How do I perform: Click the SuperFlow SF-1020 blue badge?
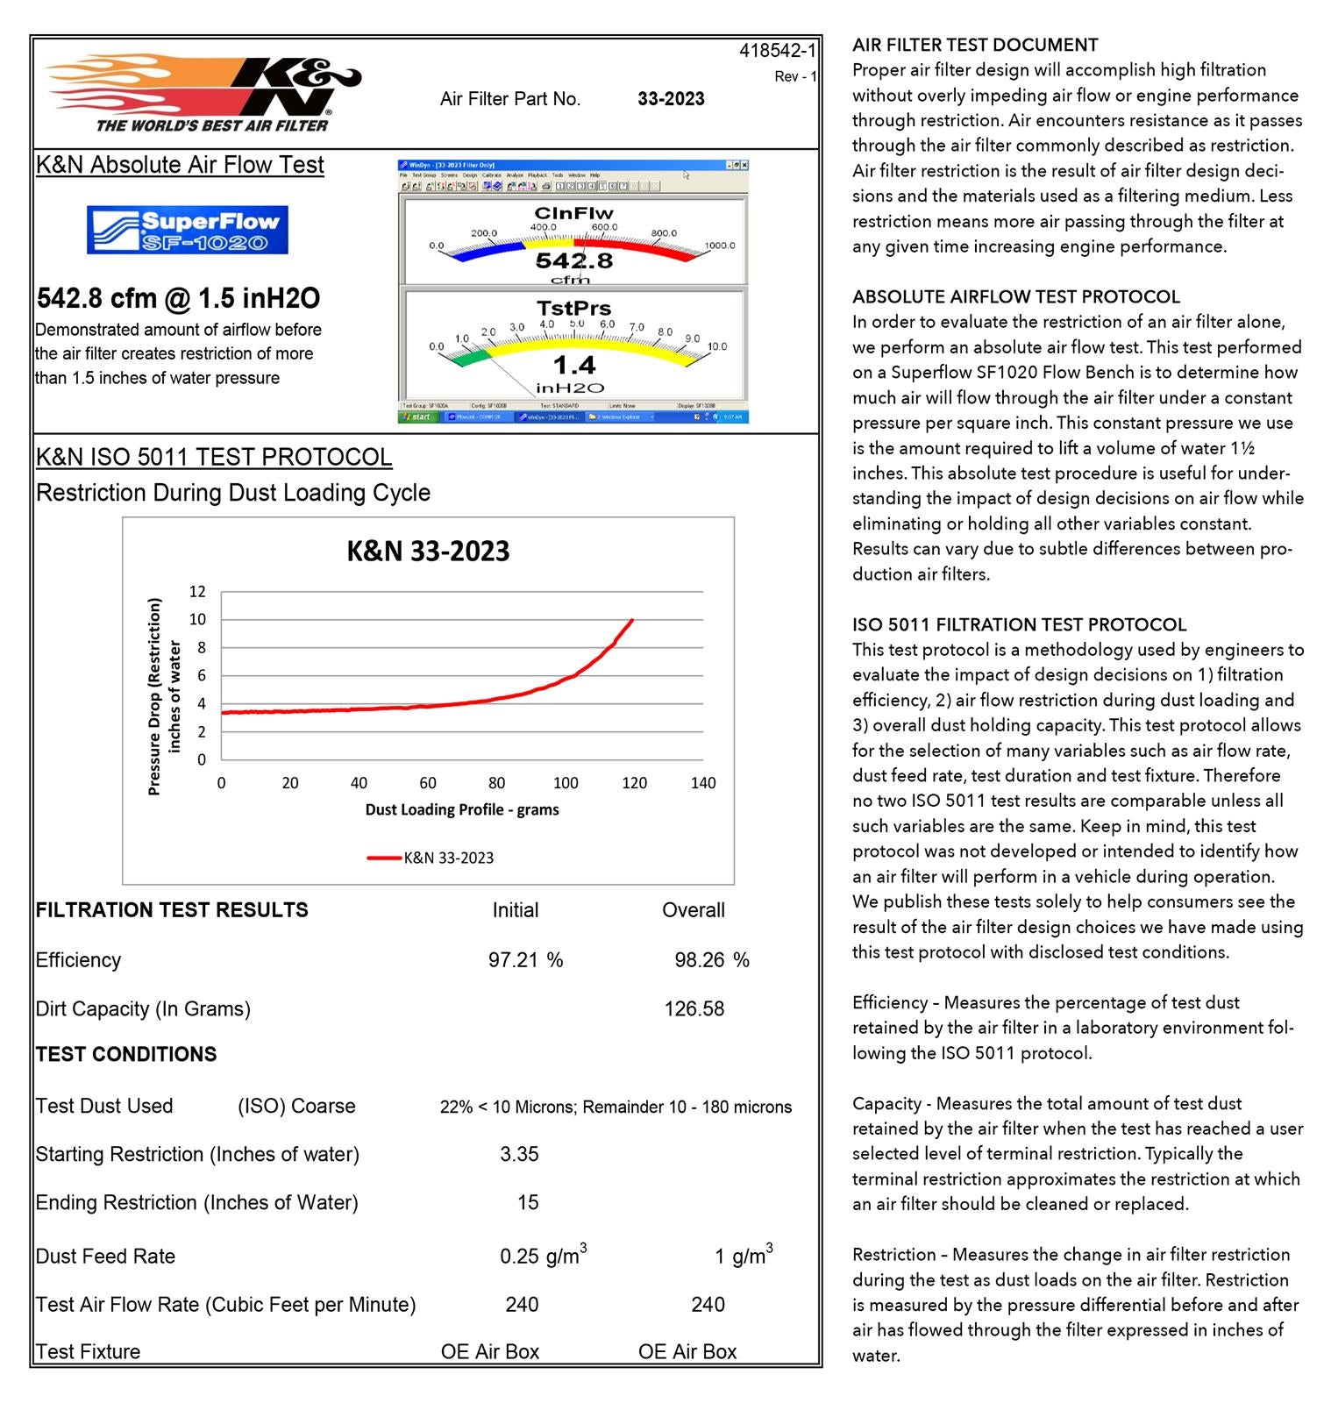[x=187, y=230]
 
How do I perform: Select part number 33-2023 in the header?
[x=671, y=99]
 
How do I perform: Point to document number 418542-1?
[x=777, y=51]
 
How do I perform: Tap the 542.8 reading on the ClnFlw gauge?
[x=574, y=260]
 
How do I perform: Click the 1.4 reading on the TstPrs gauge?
[x=574, y=365]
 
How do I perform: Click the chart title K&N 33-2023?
[x=428, y=551]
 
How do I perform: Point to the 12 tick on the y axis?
[x=197, y=592]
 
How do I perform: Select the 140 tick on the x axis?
[x=703, y=783]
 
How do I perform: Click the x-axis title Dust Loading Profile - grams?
[x=462, y=809]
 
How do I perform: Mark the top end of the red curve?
[x=632, y=620]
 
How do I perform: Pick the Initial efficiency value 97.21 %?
[x=525, y=960]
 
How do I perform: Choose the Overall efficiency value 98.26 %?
[x=711, y=960]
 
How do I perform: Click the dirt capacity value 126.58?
[x=694, y=1009]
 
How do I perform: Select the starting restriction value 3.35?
[x=519, y=1154]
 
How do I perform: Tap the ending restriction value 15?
[x=528, y=1202]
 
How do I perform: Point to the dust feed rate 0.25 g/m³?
[x=543, y=1256]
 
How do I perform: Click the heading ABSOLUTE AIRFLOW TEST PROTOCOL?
[x=1016, y=296]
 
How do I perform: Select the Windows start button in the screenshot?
[x=418, y=417]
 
